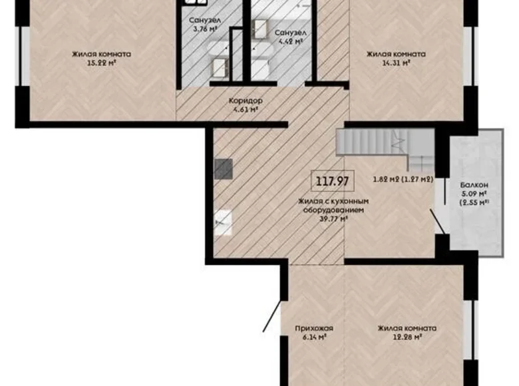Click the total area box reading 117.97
point(333,180)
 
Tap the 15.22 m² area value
point(101,65)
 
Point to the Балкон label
point(474,185)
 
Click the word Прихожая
point(313,328)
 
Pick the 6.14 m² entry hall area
point(313,337)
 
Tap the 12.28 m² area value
point(407,337)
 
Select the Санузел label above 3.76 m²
point(204,20)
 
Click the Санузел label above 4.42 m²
point(290,31)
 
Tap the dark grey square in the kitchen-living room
point(224,169)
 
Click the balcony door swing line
point(436,220)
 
